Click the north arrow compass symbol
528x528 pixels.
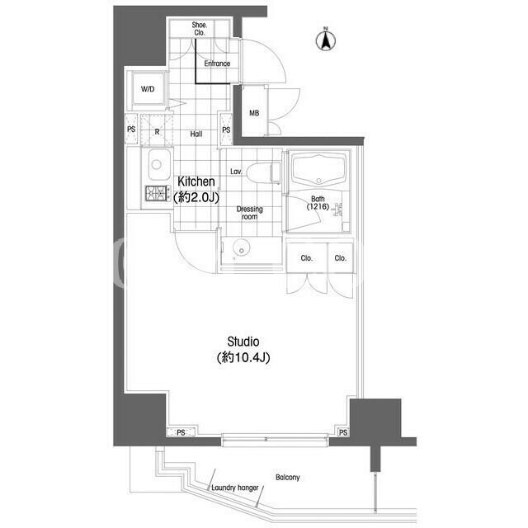(x=326, y=39)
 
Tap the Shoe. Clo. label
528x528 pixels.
(x=200, y=29)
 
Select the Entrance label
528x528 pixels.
(x=217, y=64)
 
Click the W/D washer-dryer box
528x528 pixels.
(x=148, y=88)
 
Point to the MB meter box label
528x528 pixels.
(x=254, y=113)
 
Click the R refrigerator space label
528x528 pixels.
(x=157, y=132)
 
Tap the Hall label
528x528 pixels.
(x=196, y=134)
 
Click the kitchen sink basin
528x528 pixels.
(x=157, y=165)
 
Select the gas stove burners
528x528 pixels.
(x=156, y=193)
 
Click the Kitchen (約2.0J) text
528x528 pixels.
(x=196, y=189)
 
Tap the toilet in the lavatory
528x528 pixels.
(x=263, y=173)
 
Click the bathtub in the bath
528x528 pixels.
(x=318, y=171)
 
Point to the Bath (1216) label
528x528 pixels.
(x=318, y=203)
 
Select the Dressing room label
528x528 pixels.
(x=249, y=213)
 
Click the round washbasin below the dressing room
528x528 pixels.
(x=242, y=249)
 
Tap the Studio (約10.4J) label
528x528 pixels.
(x=243, y=350)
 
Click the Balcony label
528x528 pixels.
(x=288, y=477)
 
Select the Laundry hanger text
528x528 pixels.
(x=234, y=488)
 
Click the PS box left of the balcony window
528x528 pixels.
(x=181, y=432)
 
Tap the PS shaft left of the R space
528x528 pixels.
(x=131, y=130)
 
